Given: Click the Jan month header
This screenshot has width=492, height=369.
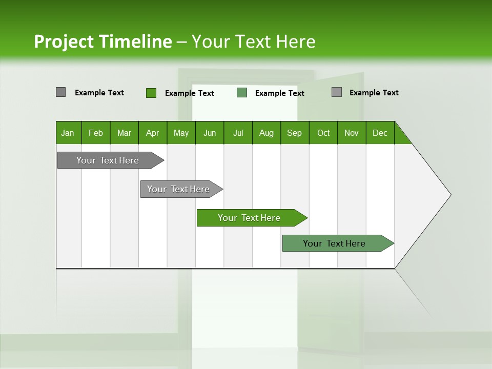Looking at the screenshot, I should point(68,133).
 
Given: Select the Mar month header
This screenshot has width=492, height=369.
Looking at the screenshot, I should point(124,133).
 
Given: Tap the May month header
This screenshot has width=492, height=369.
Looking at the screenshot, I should point(181,133).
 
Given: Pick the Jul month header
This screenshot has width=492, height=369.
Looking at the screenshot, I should point(238,133).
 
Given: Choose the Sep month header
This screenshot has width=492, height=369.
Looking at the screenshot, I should point(294,133).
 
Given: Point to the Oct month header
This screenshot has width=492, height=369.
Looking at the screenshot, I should point(323,133).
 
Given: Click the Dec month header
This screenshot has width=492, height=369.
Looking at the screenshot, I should point(380,133).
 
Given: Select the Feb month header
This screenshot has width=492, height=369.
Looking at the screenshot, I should point(96,133).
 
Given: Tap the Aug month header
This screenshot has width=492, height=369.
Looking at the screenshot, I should point(266,133).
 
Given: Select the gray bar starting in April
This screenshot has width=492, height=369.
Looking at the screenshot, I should point(178,189).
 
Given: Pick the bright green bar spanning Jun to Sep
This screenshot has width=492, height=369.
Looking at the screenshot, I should point(249,218).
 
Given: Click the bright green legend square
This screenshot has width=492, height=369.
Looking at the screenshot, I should point(151,93).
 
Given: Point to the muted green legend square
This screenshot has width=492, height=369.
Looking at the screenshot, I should point(242,93).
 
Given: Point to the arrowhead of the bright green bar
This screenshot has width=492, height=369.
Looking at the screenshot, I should point(302,218).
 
